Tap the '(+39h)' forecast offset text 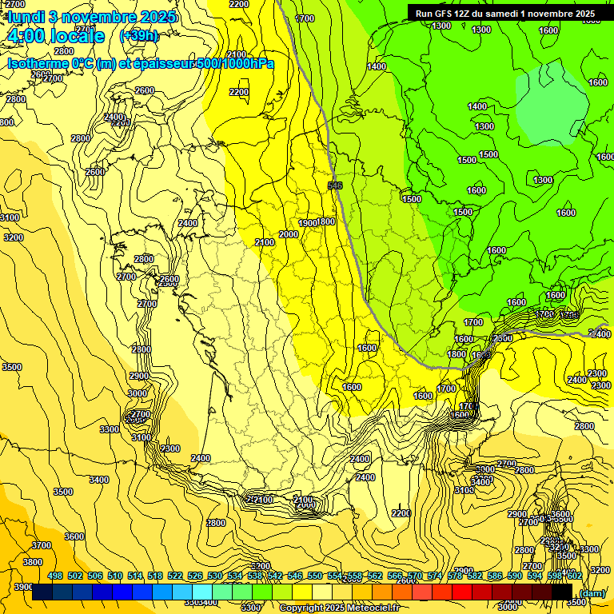click(138, 36)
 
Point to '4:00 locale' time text click(54, 36)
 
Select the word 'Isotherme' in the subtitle click(37, 63)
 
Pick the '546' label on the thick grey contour click(335, 185)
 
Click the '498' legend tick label click(55, 576)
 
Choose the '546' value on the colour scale click(295, 576)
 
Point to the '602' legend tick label click(574, 576)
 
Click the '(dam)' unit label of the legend click(592, 592)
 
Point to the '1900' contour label click(308, 222)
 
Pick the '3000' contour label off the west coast click(137, 393)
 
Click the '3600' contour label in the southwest click(74, 536)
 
